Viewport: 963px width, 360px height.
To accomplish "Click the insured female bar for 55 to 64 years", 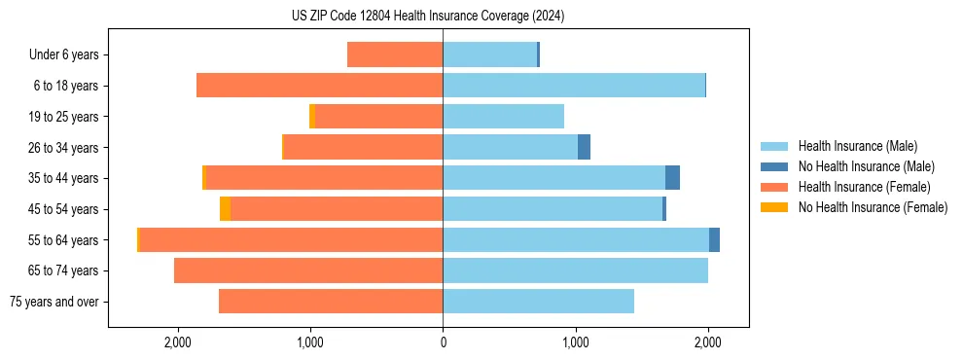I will [x=291, y=239].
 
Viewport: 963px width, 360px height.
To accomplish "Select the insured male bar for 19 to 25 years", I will [x=503, y=116].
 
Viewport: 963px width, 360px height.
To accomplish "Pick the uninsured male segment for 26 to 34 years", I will [x=584, y=147].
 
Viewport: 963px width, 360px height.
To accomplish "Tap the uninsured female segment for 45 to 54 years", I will [x=225, y=209].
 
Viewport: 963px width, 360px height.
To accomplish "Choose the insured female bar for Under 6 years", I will [x=395, y=54].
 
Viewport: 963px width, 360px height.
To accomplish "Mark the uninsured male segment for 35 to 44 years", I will [x=672, y=178].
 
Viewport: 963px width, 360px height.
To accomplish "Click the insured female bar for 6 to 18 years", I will [x=319, y=86].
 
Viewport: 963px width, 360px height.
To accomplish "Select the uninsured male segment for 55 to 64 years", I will [x=714, y=239].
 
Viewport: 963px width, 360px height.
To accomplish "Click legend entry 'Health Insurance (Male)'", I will [x=857, y=146].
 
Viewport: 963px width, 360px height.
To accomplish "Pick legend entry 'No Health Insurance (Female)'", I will [x=873, y=207].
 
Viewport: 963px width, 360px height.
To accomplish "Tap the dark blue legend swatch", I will [x=774, y=166].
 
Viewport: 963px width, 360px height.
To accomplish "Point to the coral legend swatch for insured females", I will [x=774, y=187].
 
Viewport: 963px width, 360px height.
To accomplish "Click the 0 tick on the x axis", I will [x=443, y=342].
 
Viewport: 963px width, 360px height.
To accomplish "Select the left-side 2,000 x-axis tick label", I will [x=177, y=342].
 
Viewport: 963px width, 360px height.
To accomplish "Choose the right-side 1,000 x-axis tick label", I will [x=575, y=342].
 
